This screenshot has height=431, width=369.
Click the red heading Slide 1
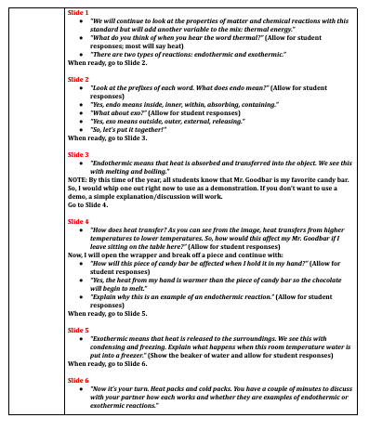coord(79,14)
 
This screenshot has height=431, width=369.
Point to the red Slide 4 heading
coord(79,223)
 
